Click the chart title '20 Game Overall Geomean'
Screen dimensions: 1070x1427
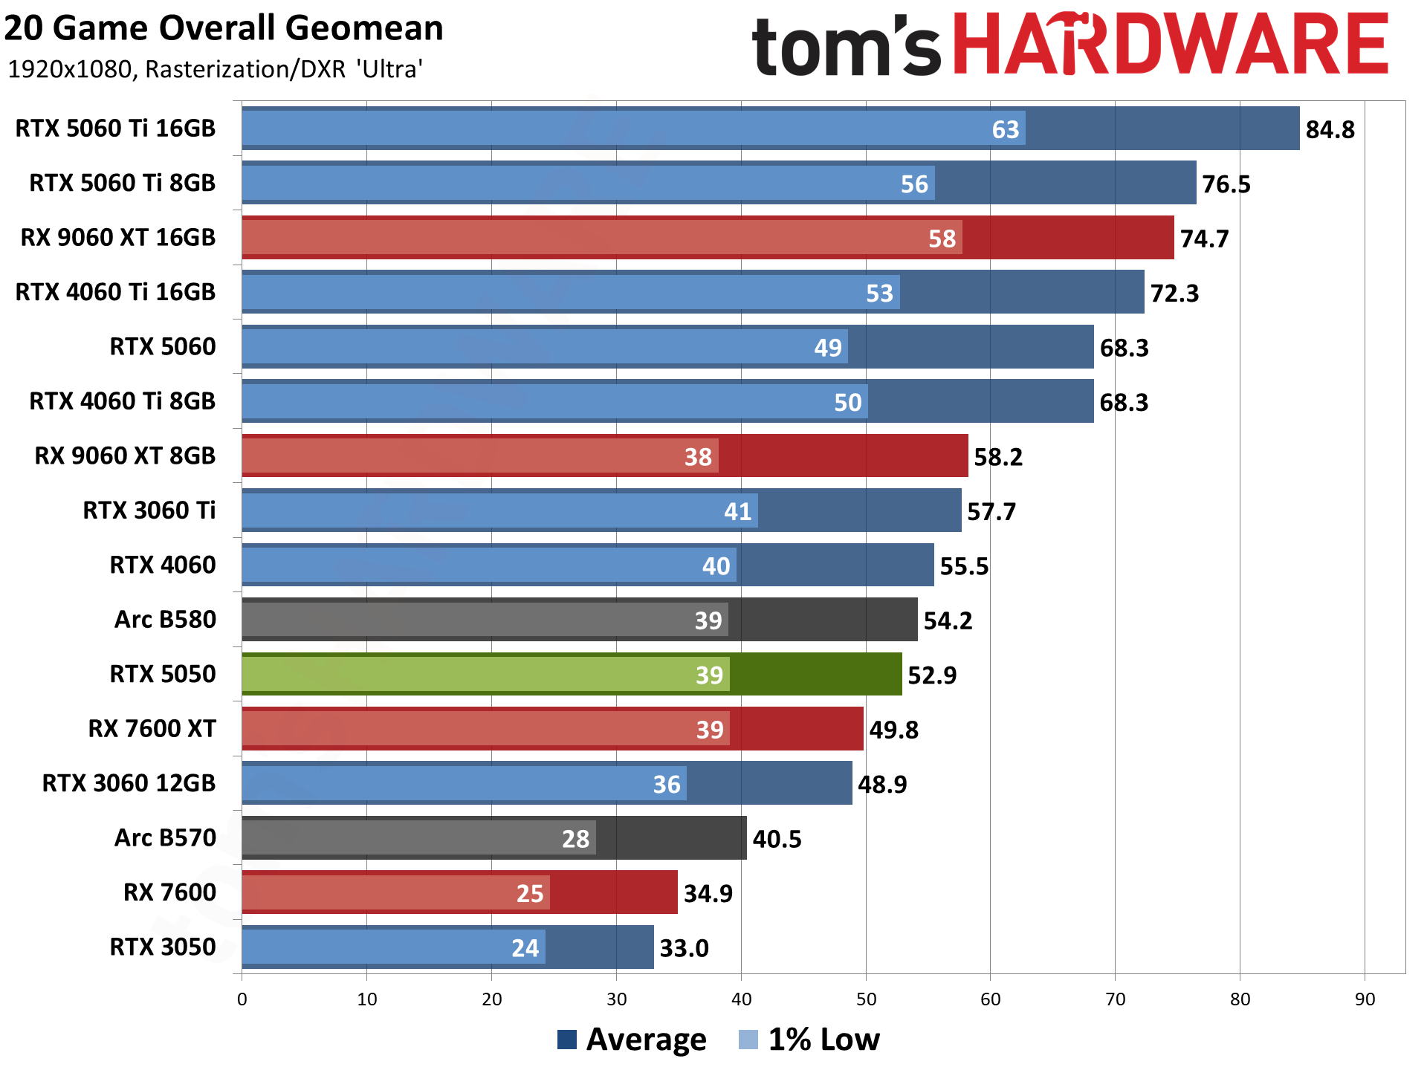[223, 29]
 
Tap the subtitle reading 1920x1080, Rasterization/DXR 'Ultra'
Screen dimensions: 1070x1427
[216, 69]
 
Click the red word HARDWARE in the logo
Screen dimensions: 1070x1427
[1170, 45]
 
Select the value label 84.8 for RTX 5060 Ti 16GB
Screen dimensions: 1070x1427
[1330, 130]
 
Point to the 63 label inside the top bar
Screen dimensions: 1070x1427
[1005, 130]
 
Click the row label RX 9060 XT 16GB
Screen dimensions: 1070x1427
[117, 238]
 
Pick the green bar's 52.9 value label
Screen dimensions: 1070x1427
[932, 675]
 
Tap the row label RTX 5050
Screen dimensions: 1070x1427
[162, 675]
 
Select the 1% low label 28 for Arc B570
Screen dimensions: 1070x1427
[575, 839]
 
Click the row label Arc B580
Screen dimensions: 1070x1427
[164, 620]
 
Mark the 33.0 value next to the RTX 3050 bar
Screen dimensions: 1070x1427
[684, 949]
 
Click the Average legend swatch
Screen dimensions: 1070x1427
[567, 1040]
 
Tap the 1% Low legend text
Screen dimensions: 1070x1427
[823, 1040]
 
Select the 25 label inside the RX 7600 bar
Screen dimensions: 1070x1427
[530, 894]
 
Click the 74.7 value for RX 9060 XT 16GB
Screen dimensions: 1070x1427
[1204, 239]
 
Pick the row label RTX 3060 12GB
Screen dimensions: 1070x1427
[128, 784]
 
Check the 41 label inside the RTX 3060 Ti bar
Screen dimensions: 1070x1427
[737, 512]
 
